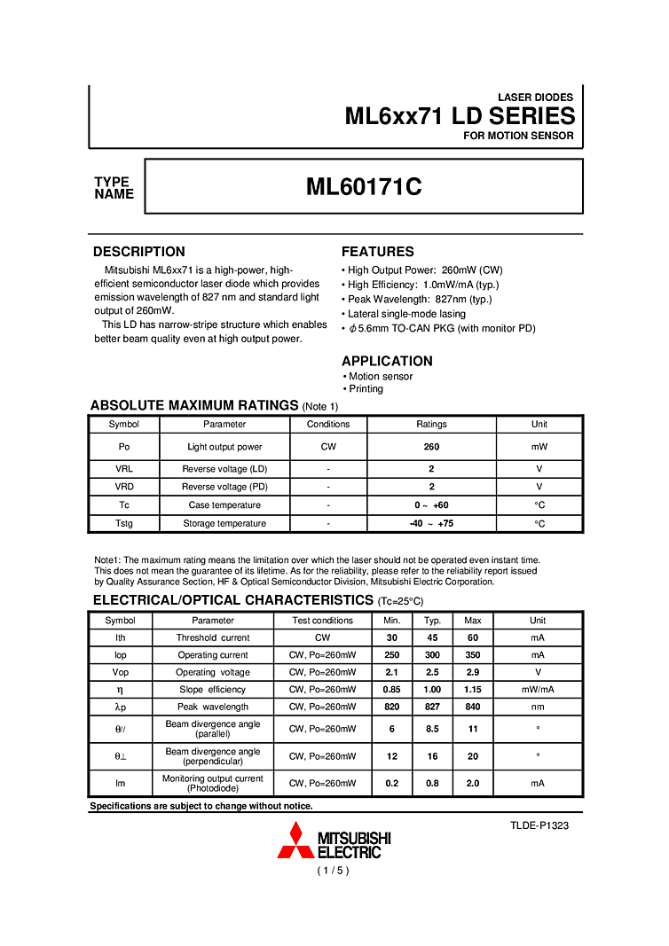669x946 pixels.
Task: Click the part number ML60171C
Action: pos(364,187)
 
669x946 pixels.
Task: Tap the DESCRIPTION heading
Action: pos(139,252)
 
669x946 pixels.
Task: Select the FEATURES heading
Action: pos(378,252)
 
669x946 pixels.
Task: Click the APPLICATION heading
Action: pos(387,361)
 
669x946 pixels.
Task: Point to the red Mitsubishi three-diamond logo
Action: pos(295,840)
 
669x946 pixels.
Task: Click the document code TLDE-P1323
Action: pos(539,825)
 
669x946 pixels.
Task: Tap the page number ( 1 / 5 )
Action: pos(334,871)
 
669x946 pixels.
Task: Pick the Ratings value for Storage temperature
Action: pos(431,523)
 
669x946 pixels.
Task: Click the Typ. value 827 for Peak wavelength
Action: pos(432,707)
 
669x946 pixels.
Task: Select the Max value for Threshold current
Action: pos(473,637)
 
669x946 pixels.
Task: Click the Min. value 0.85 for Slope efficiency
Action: pos(392,689)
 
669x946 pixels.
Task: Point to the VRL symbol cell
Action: pos(124,468)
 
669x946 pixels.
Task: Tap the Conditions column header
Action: pos(328,424)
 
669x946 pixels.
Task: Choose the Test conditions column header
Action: pos(323,621)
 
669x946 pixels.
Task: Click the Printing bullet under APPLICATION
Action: pos(366,389)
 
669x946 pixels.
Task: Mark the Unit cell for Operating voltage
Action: pos(538,672)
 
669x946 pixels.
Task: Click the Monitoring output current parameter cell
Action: pos(213,783)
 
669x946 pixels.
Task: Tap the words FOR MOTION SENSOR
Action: pos(518,137)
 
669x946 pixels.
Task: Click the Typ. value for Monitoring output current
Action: pos(432,783)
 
